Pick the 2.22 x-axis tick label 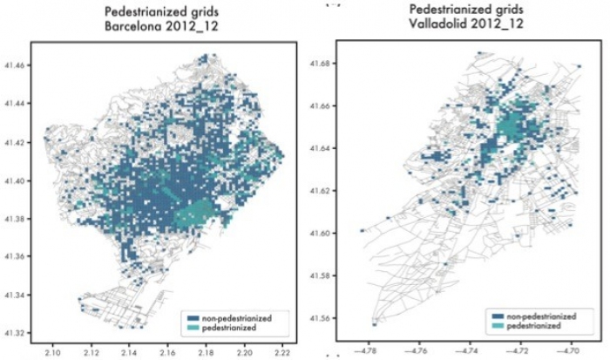point(282,353)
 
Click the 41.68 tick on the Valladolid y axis point(321,64)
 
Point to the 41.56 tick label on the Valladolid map point(321,318)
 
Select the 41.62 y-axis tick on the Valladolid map point(321,191)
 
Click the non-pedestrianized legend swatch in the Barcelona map point(192,317)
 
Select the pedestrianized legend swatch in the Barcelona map point(192,328)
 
